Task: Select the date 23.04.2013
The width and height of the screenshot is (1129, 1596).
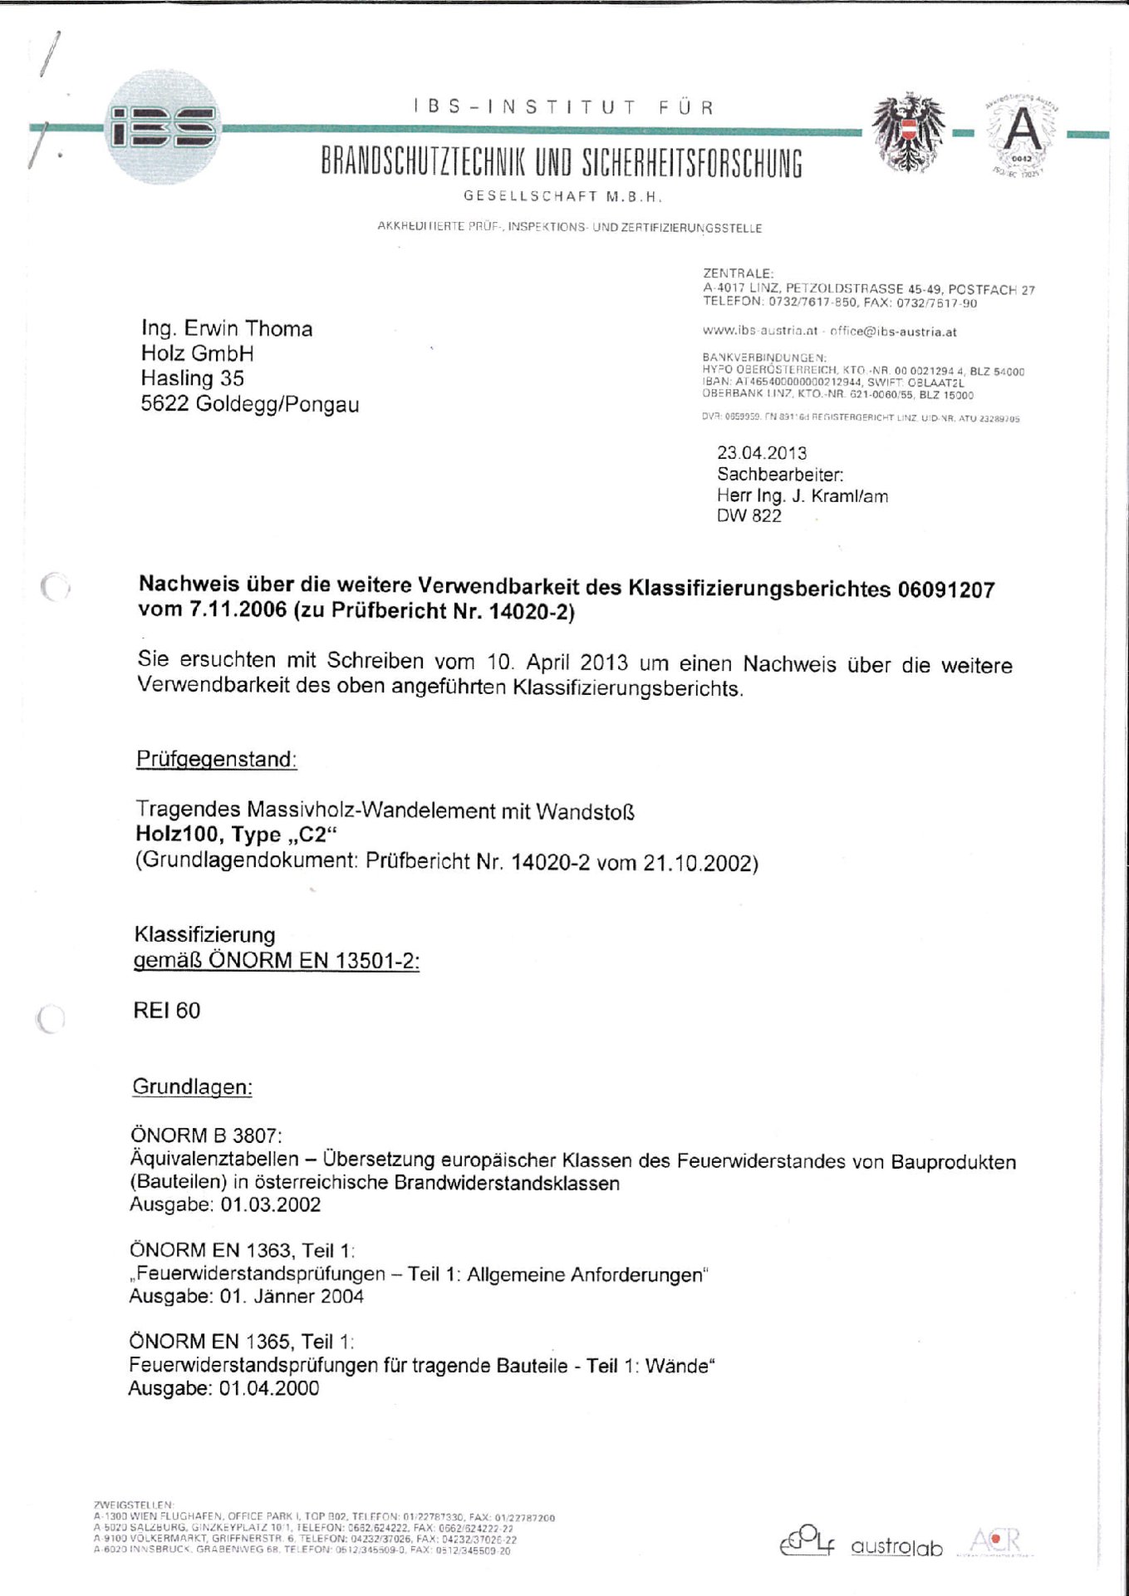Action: coord(762,453)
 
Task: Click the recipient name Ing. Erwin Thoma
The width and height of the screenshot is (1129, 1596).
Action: coord(227,328)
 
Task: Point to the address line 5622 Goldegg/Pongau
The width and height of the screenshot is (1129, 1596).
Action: coord(250,405)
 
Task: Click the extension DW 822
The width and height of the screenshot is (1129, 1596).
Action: coord(749,516)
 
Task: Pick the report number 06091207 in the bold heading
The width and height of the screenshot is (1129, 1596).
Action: coord(945,590)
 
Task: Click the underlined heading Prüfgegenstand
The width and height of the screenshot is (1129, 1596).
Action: coord(216,759)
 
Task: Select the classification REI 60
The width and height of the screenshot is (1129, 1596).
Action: coord(166,1011)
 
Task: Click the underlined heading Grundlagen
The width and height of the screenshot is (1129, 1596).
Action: coord(192,1087)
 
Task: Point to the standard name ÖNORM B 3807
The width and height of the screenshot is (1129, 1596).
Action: coord(206,1135)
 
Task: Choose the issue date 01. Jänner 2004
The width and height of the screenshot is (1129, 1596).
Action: coord(291,1297)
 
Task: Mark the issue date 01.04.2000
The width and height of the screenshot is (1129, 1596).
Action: coord(268,1388)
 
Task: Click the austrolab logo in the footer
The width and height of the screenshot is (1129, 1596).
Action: coord(896,1548)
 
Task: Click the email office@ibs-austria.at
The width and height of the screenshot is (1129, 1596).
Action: coord(893,332)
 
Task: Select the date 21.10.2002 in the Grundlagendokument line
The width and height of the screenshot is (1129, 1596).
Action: coord(699,863)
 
